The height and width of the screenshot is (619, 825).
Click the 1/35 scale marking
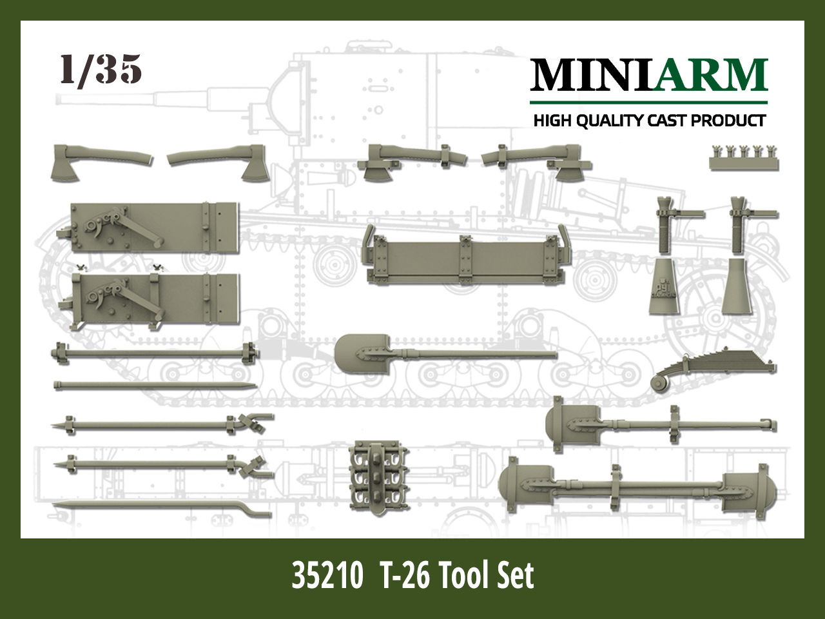pyautogui.click(x=101, y=69)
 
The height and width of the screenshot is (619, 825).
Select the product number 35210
pyautogui.click(x=325, y=575)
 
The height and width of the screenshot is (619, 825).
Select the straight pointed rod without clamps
pyautogui.click(x=155, y=386)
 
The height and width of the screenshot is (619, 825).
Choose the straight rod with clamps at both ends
pyautogui.click(x=155, y=353)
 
